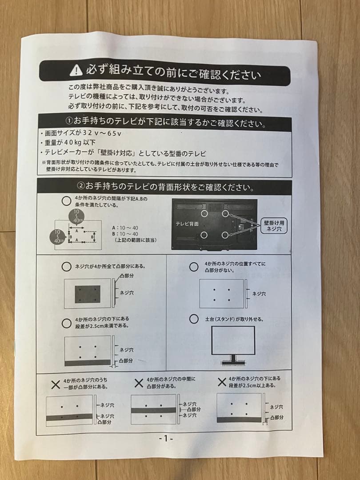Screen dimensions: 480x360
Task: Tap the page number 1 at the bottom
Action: click(165, 438)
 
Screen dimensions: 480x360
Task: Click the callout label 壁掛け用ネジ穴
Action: click(274, 226)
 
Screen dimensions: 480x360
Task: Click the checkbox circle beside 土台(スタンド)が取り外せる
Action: click(194, 319)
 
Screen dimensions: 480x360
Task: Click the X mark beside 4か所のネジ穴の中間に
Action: click(139, 383)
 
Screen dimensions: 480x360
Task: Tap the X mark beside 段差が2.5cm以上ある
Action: click(221, 382)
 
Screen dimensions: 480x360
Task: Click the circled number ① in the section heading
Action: click(69, 121)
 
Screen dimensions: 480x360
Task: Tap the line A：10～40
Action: click(126, 227)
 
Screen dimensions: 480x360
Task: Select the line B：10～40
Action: click(126, 234)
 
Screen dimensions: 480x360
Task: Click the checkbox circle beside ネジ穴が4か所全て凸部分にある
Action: click(66, 267)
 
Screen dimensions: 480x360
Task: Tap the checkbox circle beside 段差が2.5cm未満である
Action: click(66, 322)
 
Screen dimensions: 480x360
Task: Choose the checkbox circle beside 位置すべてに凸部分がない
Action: click(194, 267)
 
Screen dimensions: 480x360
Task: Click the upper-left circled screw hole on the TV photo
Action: click(204, 213)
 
